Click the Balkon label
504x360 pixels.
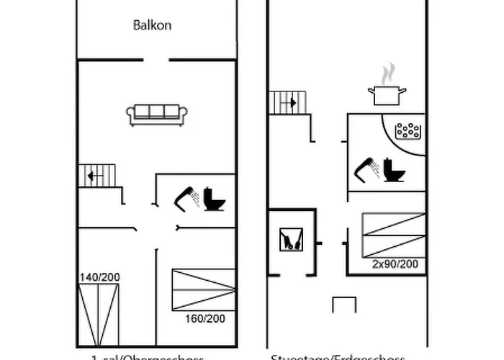tap(152, 25)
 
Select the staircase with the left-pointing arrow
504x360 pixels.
tap(96, 176)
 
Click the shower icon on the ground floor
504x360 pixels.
tap(368, 169)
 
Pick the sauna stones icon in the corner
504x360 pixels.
tap(408, 131)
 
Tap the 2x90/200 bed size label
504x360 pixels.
tap(395, 264)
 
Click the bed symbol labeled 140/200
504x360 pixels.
tap(97, 314)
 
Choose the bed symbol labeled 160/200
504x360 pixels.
tap(204, 289)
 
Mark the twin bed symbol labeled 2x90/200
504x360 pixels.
tap(393, 235)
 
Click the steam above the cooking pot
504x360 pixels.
tap(388, 73)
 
